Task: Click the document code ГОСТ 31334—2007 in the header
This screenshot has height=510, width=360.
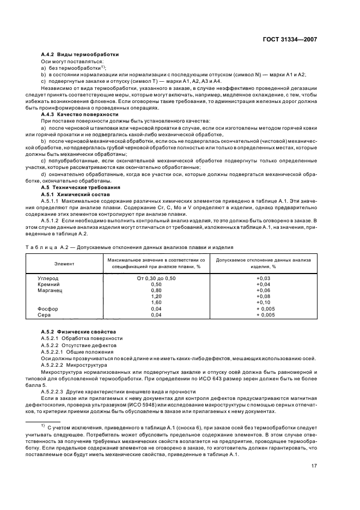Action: (x=290, y=39)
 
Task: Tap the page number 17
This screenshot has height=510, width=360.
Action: (x=314, y=466)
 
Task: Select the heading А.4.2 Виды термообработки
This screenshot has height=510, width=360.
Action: (x=80, y=55)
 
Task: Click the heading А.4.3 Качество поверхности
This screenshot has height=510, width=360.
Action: (x=80, y=114)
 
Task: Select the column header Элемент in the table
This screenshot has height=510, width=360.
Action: (x=64, y=264)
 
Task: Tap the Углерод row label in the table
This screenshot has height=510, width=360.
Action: (x=48, y=278)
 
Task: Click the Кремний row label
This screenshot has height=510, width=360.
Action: (x=48, y=284)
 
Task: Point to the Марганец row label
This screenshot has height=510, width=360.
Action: (x=49, y=290)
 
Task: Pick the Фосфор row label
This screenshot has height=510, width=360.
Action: (x=47, y=308)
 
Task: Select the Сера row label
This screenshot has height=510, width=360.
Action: (x=44, y=314)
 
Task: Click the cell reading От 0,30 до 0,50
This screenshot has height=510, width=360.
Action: (x=156, y=278)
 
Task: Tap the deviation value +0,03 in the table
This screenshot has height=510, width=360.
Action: (x=263, y=278)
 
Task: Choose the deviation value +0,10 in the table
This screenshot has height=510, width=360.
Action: (x=263, y=302)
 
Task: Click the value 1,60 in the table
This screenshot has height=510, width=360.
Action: (x=156, y=302)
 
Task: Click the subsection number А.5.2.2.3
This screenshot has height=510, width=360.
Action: (x=53, y=391)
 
